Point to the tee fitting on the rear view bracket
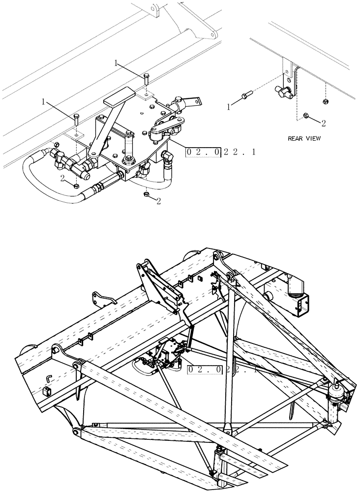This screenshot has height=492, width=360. pyautogui.click(x=283, y=90)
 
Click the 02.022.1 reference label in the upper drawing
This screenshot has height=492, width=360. pyautogui.click(x=220, y=152)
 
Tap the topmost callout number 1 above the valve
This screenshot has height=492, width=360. pyautogui.click(x=116, y=63)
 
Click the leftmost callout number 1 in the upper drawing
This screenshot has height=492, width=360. pyautogui.click(x=44, y=102)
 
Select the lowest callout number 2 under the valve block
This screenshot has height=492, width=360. pyautogui.click(x=159, y=201)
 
